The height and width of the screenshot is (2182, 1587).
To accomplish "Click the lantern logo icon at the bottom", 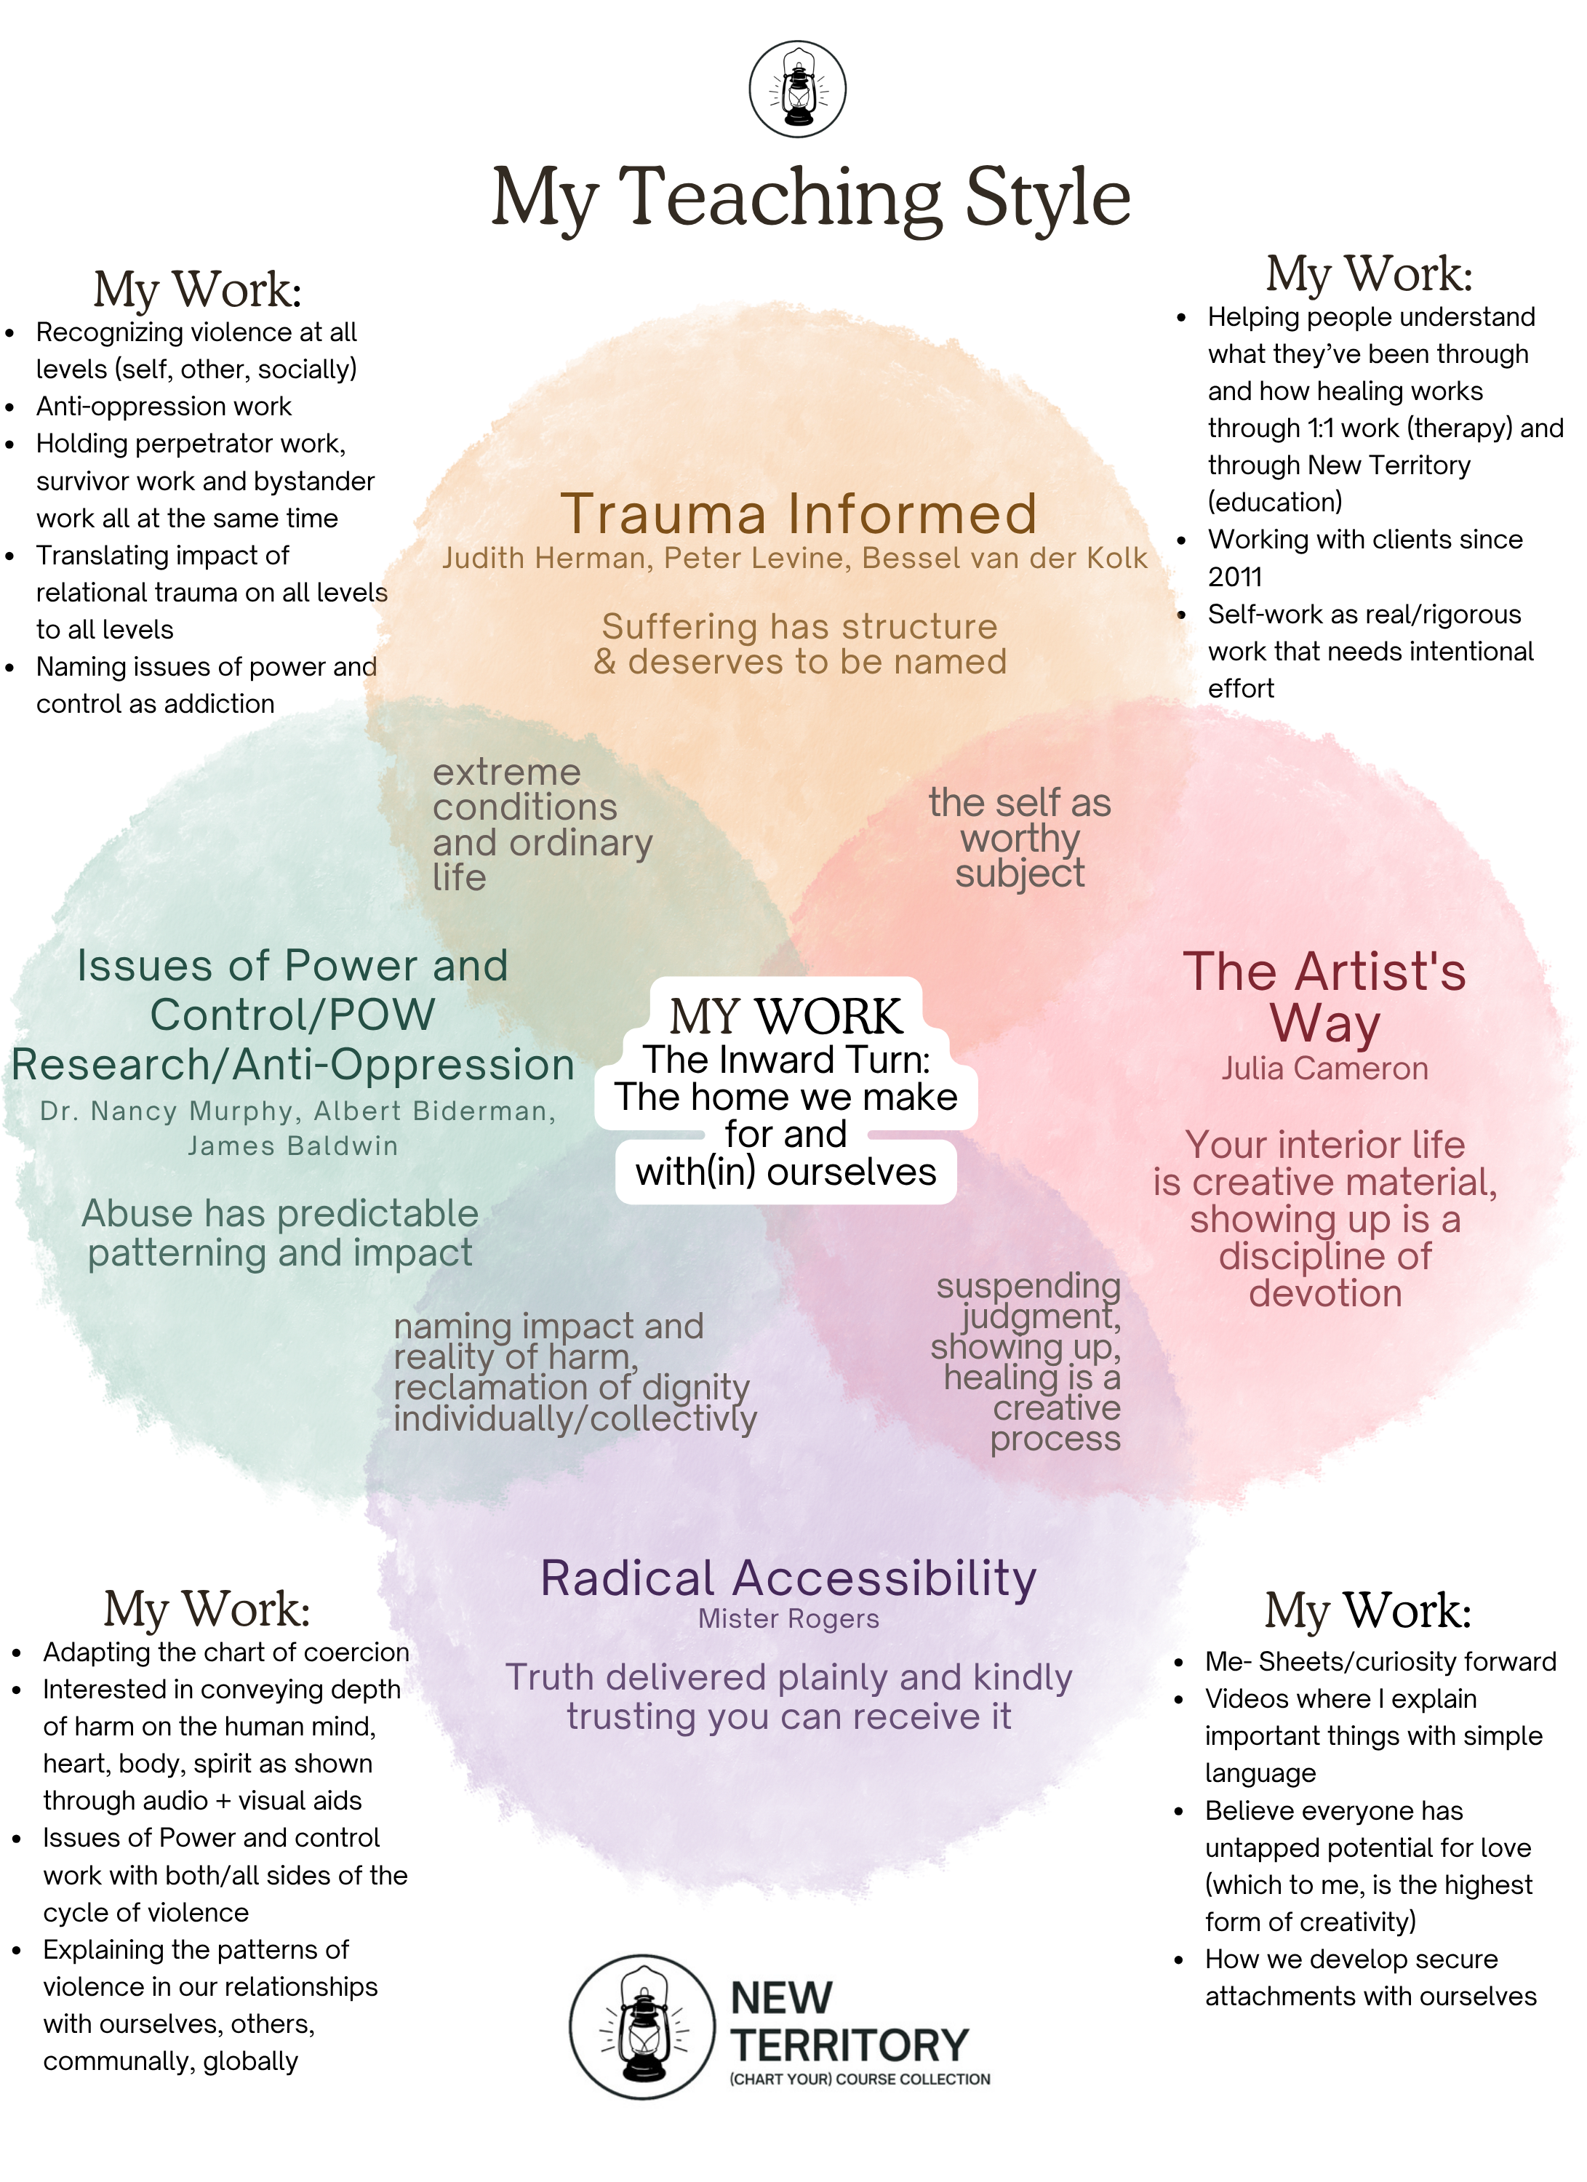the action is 642,2026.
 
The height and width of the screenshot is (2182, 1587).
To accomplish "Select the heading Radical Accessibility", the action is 788,1579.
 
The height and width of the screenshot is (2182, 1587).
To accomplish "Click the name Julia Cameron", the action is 1324,1069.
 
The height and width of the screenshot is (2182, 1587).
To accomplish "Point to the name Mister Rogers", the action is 788,1619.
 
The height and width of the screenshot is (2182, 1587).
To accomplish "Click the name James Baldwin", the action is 292,1146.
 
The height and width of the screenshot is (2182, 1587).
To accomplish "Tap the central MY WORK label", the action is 785,1016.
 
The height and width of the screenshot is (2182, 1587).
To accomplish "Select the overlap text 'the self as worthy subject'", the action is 1020,838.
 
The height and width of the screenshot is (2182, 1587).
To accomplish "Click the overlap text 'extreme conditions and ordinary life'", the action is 542,825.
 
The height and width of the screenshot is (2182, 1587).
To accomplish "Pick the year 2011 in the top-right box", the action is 1235,578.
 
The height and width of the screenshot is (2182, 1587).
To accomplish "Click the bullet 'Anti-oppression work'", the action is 164,406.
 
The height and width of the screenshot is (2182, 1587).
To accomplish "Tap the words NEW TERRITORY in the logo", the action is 847,2021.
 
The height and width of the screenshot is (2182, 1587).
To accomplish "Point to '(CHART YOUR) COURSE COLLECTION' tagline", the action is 860,2079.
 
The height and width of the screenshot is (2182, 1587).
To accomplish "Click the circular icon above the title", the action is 797,90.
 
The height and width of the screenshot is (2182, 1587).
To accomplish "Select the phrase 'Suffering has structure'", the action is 799,626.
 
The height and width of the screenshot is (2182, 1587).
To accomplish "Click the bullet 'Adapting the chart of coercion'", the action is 226,1652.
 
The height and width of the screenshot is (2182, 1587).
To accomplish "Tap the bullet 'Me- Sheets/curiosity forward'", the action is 1380,1661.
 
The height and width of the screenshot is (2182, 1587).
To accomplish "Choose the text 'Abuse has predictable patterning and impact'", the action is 280,1232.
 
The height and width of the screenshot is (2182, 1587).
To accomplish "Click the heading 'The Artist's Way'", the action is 1324,996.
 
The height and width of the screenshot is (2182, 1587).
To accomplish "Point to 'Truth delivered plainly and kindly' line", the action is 788,1677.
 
